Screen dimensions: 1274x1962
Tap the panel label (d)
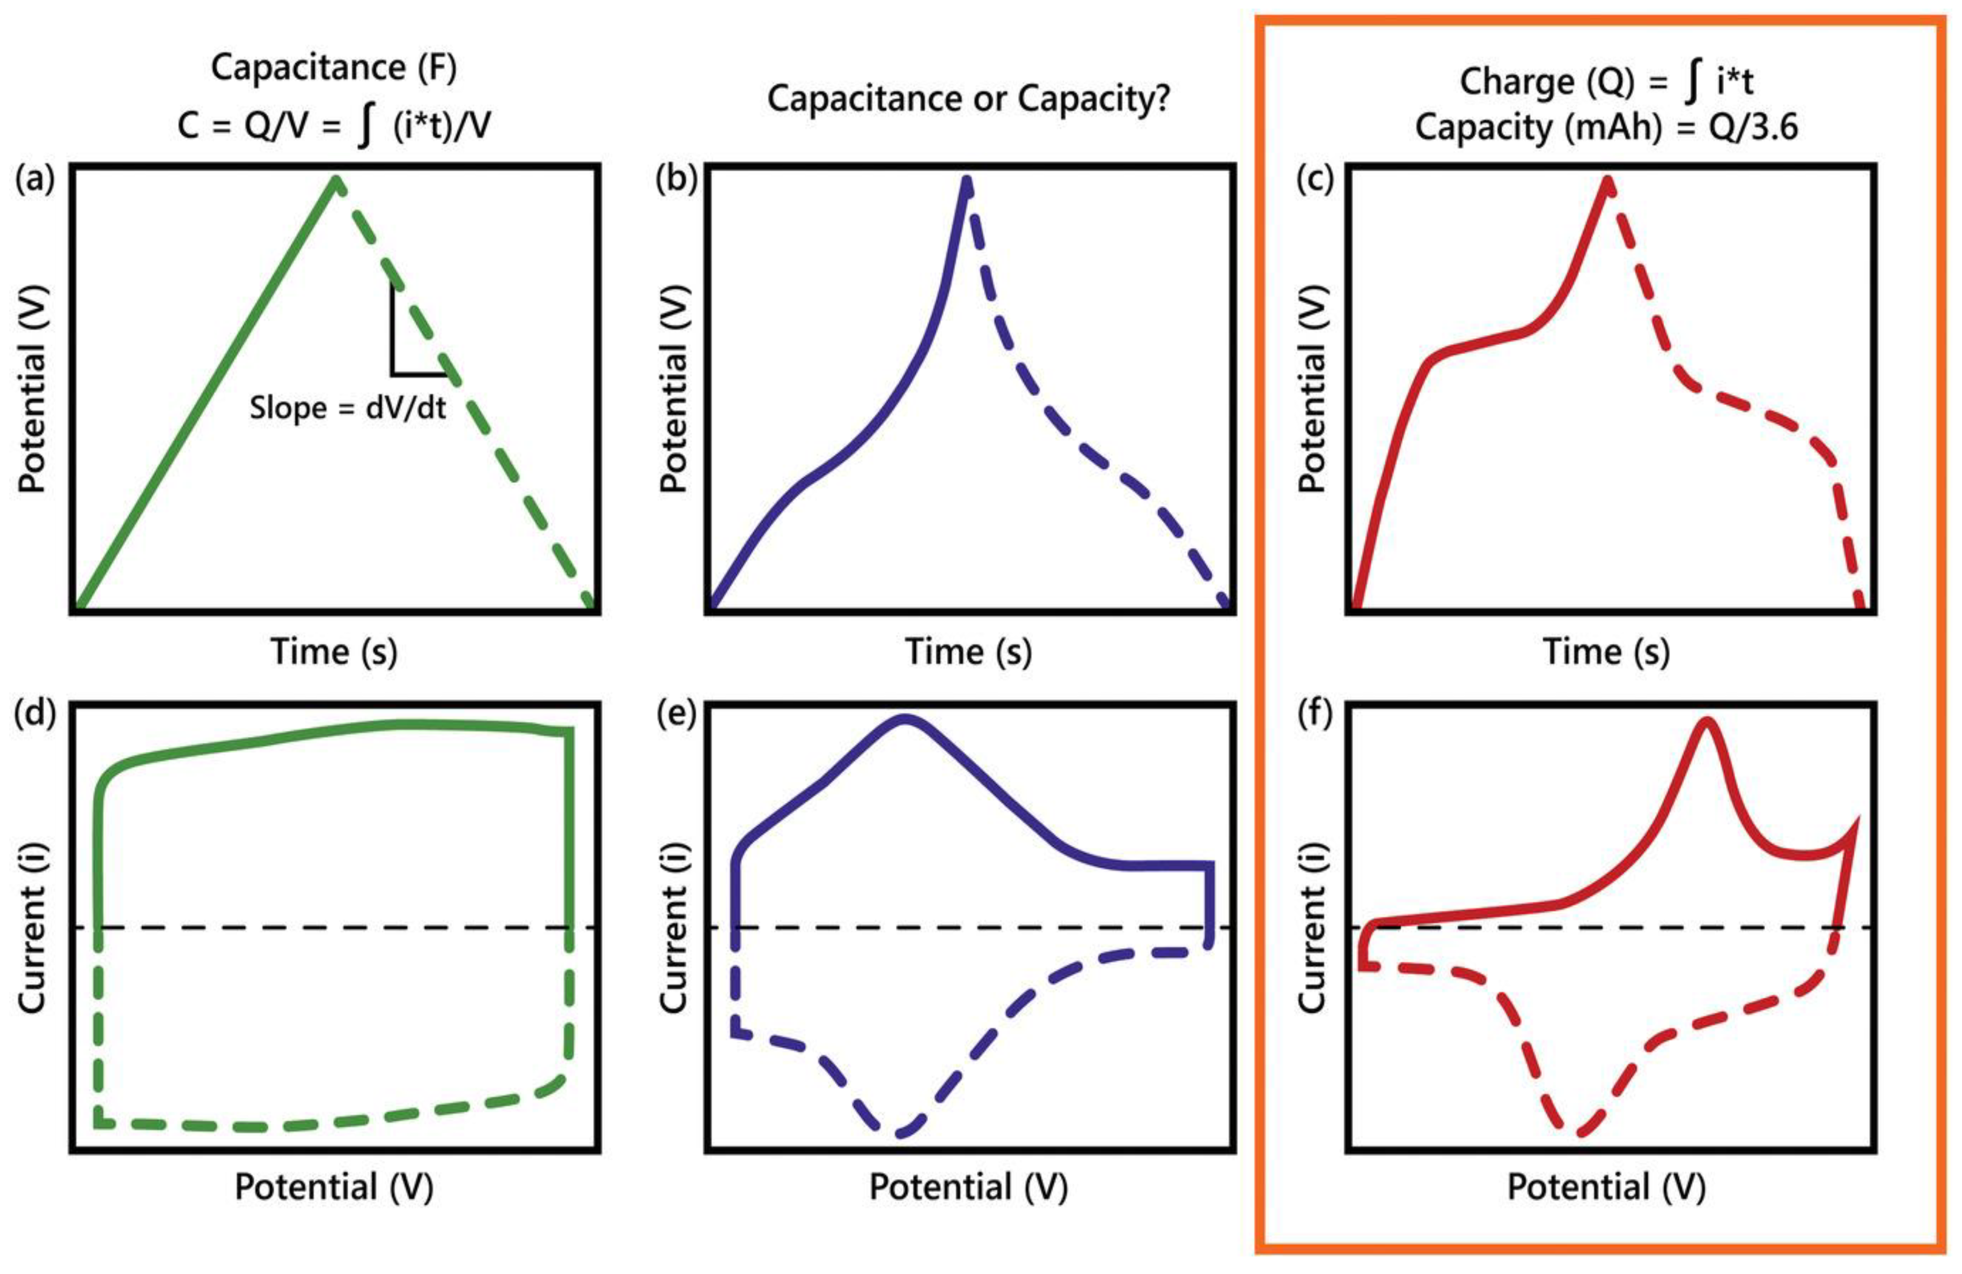pyautogui.click(x=35, y=714)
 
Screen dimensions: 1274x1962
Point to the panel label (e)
pyautogui.click(x=676, y=714)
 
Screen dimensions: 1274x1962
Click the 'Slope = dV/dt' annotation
pyautogui.click(x=347, y=407)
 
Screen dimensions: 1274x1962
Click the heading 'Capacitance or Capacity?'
pyautogui.click(x=968, y=99)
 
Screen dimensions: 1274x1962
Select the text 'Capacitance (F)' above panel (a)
pyautogui.click(x=334, y=68)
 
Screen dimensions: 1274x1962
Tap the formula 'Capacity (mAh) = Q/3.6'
pyautogui.click(x=1606, y=128)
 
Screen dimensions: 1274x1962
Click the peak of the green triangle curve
pyautogui.click(x=335, y=180)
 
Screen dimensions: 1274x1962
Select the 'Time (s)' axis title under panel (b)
pyautogui.click(x=968, y=652)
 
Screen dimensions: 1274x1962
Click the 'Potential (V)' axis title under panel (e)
pyautogui.click(x=968, y=1188)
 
